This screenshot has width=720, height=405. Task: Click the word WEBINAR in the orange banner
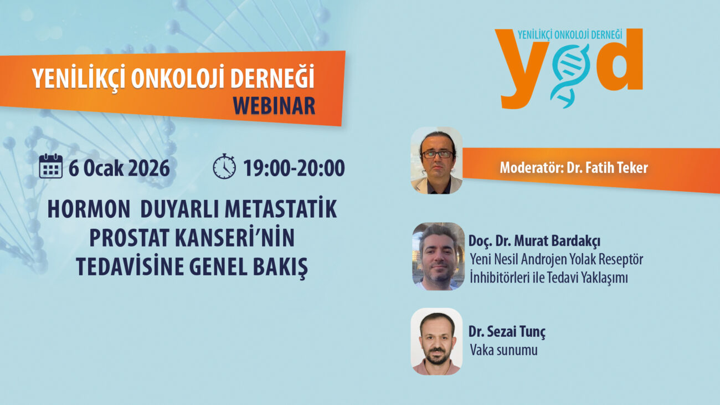(x=274, y=106)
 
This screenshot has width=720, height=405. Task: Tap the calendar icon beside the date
(x=51, y=166)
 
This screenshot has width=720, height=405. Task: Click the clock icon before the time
(x=224, y=166)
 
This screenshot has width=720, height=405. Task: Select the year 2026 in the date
(x=149, y=168)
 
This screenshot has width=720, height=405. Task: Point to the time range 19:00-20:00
(x=294, y=168)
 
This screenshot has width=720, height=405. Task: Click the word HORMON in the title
(x=89, y=209)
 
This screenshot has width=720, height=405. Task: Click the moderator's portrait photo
(x=436, y=160)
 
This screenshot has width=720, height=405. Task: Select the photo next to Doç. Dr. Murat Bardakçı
(x=439, y=257)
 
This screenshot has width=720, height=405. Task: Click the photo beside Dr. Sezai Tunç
(x=436, y=341)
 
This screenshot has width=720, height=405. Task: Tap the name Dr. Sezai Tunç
(x=507, y=332)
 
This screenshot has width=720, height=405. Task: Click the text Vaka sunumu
(x=503, y=350)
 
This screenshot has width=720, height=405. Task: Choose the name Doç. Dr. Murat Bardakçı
(x=534, y=241)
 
